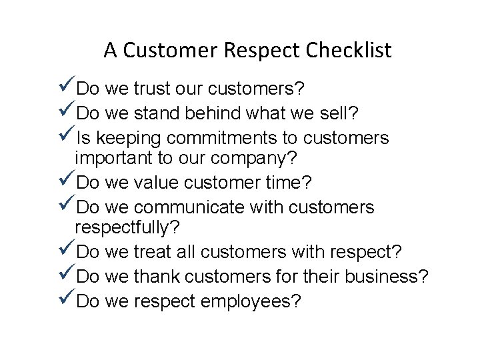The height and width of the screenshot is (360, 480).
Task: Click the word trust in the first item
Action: coord(155,88)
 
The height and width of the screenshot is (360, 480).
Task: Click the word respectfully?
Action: coord(127,228)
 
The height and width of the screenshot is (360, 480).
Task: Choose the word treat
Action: coord(155,253)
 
